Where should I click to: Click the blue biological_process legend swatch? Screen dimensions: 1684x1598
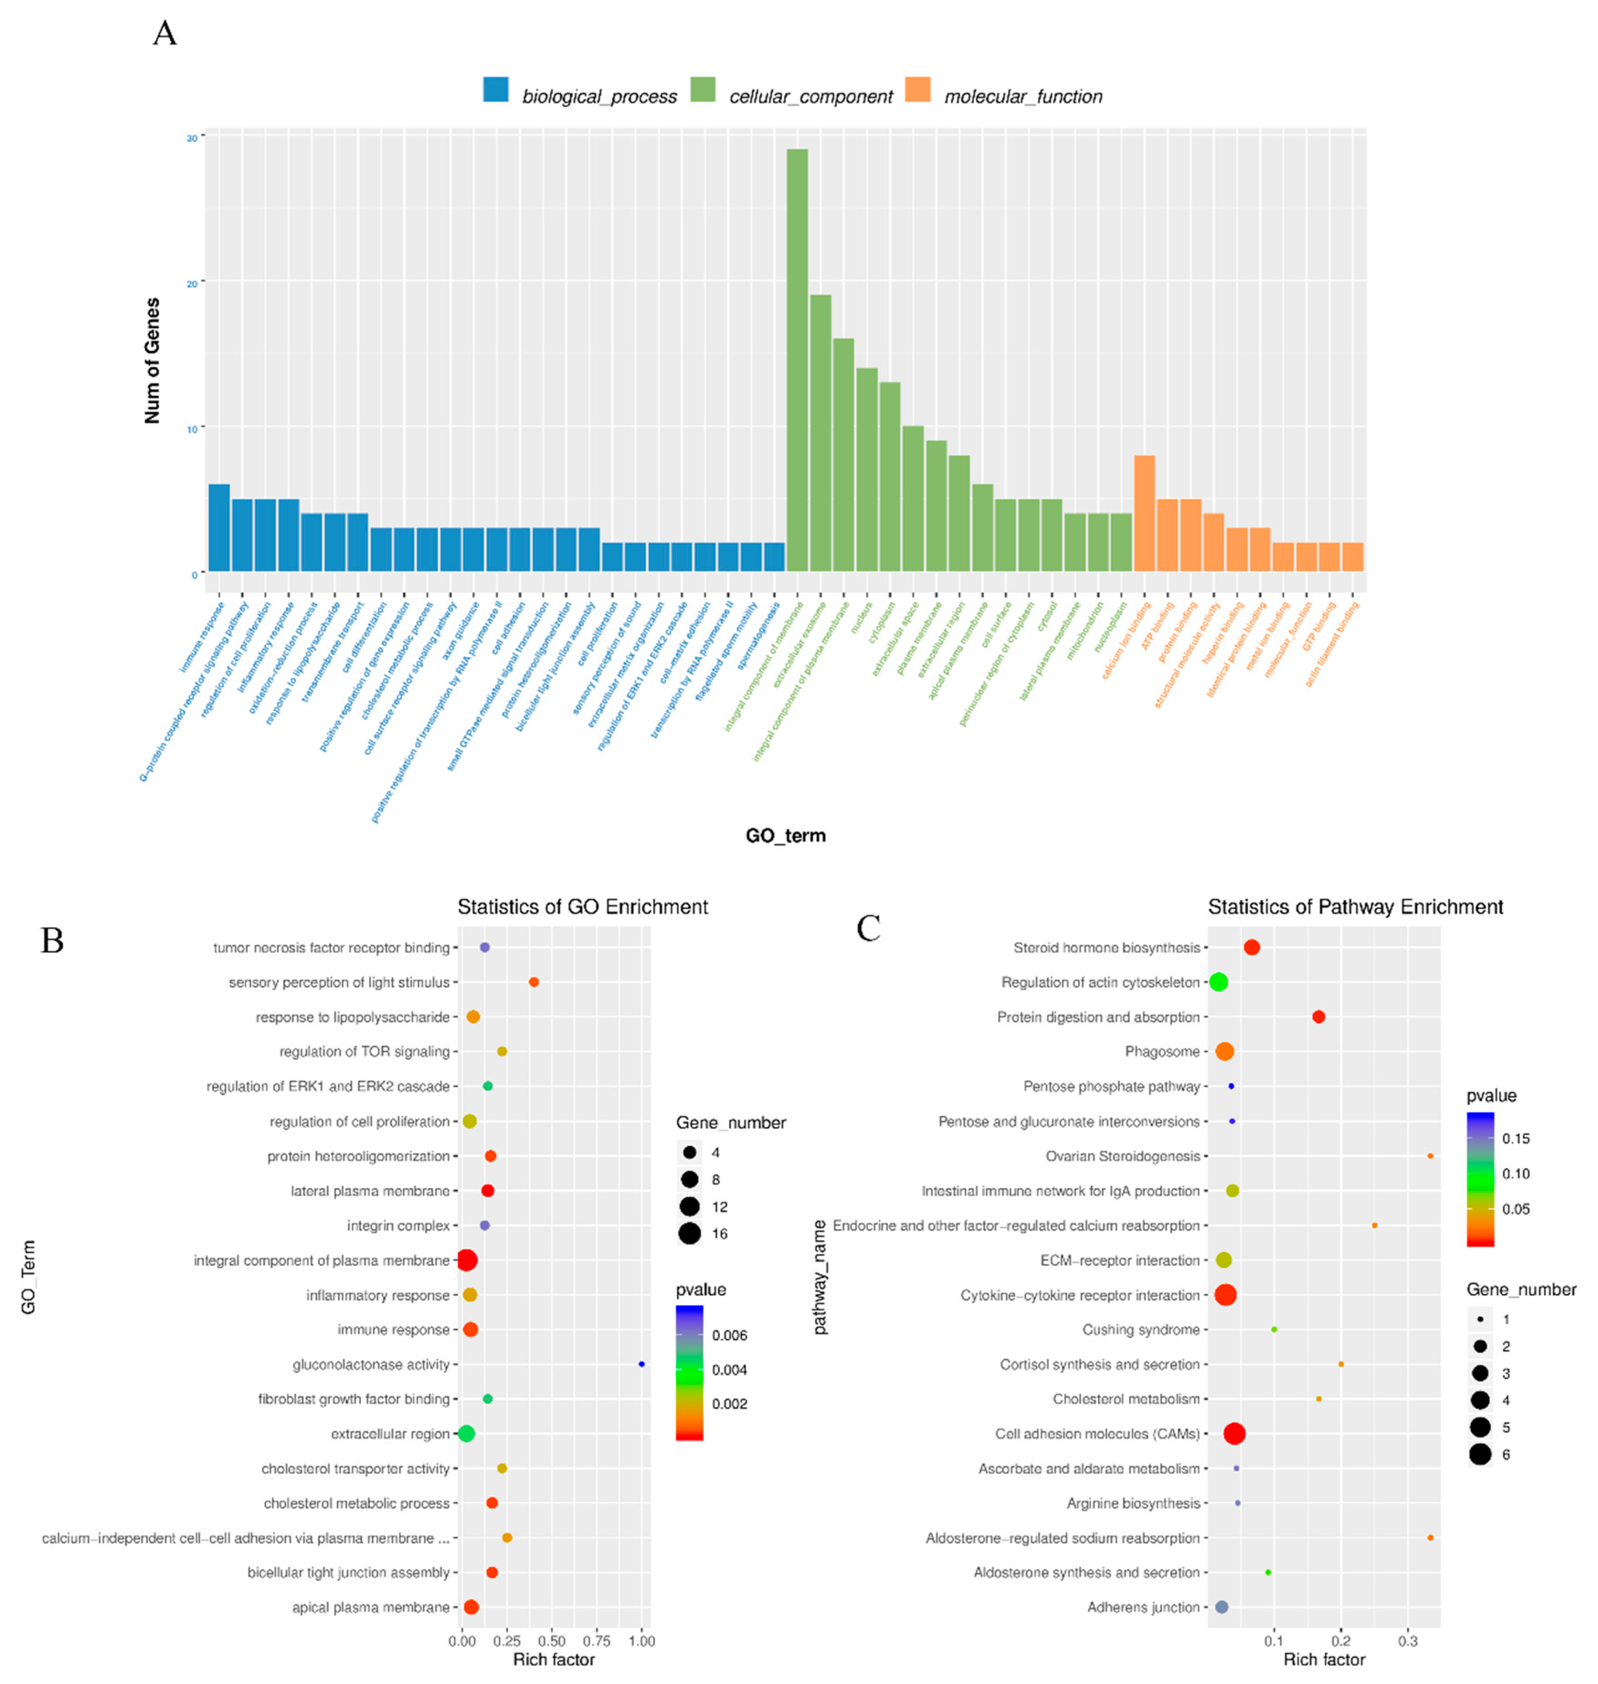[496, 89]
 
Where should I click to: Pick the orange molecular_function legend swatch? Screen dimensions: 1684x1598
[918, 89]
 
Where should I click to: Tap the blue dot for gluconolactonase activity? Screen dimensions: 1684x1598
[641, 1364]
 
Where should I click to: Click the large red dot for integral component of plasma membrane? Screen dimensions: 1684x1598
[466, 1260]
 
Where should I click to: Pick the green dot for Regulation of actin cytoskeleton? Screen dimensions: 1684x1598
[1218, 982]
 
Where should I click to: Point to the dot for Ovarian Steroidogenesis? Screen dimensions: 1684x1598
[1430, 1156]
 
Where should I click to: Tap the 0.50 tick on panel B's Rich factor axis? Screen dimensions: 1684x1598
[552, 1641]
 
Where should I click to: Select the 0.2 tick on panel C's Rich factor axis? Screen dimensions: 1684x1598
[1341, 1641]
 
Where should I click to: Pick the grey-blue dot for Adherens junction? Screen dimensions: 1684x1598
[1222, 1606]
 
